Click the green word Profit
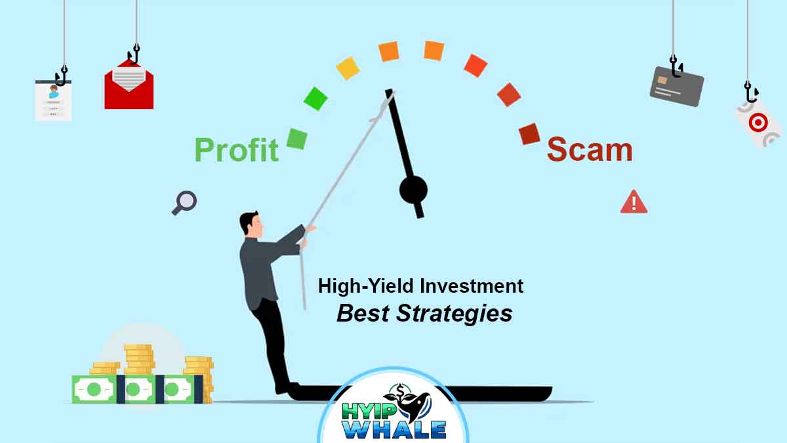point(237,150)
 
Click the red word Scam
point(590,150)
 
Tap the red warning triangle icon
point(634,202)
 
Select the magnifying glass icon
point(184,203)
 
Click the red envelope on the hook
point(129,85)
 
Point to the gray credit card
point(677,86)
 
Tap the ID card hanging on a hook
point(53,100)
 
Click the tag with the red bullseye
point(759,123)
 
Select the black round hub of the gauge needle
point(413,190)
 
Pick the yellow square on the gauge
point(348,68)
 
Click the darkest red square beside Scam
point(529,134)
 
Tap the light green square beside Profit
point(297,139)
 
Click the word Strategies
point(454,314)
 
